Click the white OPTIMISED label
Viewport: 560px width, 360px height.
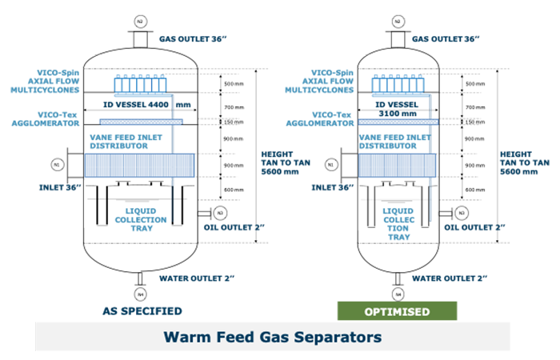coord(394,310)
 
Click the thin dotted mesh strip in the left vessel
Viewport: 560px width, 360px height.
coord(142,119)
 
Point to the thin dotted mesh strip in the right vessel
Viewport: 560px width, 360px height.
coord(398,120)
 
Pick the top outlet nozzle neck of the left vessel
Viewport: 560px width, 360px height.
coord(140,38)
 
